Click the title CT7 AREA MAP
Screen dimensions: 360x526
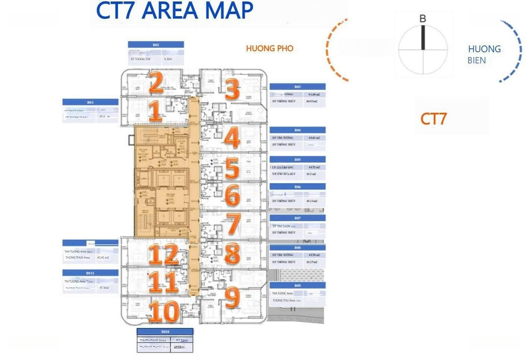point(174,11)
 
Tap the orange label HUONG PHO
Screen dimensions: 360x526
point(269,49)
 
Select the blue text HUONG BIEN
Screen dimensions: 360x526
point(484,55)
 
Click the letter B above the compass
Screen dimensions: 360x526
point(422,19)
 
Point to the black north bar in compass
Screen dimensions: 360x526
point(423,37)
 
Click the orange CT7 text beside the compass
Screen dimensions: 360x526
point(433,118)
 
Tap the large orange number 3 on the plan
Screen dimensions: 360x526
point(232,90)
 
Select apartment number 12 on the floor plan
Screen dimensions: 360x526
point(164,254)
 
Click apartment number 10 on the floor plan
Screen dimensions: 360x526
point(164,312)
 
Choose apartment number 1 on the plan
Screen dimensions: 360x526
point(155,111)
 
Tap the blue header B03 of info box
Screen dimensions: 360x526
point(298,86)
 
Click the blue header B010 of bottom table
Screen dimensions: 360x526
point(165,332)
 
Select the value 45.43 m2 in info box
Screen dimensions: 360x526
point(103,257)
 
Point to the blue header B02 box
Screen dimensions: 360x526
point(156,44)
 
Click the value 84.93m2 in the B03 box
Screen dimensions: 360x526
point(311,102)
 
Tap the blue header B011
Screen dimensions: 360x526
point(90,273)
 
